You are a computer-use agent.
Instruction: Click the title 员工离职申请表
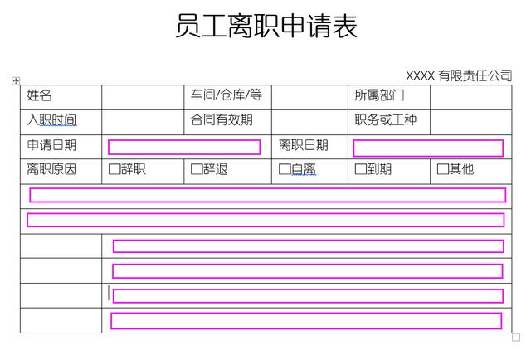(266, 26)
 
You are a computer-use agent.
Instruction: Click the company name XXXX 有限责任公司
(459, 75)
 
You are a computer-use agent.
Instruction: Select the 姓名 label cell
(39, 95)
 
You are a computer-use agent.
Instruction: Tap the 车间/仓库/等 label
(227, 95)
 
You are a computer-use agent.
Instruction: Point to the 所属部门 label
(379, 95)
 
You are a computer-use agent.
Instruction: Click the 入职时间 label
(51, 120)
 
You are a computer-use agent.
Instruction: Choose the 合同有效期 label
(222, 120)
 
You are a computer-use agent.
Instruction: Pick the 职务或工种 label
(385, 120)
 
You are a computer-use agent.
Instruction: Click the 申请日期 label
(51, 145)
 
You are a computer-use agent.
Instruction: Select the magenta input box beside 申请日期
(184, 148)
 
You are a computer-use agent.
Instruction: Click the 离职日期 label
(304, 145)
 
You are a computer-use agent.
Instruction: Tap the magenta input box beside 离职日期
(428, 148)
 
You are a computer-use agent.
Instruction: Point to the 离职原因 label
(51, 169)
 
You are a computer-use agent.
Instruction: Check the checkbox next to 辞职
(114, 169)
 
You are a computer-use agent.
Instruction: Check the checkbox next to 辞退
(197, 169)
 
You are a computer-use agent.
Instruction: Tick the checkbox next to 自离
(285, 169)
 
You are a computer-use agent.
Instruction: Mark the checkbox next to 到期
(360, 169)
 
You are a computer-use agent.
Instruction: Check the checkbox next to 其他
(442, 169)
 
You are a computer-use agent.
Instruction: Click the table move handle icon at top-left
(16, 80)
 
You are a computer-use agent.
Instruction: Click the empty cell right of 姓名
(143, 98)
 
